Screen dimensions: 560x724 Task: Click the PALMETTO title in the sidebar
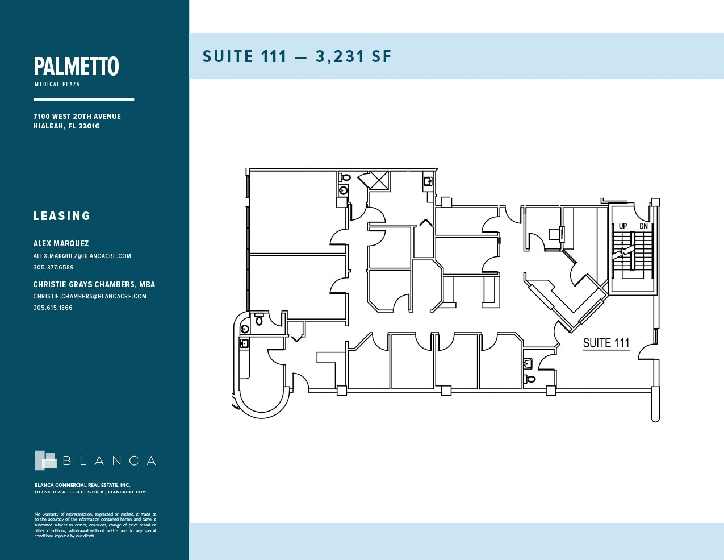76,67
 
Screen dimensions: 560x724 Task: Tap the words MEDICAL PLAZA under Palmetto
57,84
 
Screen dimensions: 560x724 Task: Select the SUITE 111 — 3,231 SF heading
297,56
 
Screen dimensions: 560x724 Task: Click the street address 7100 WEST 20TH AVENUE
77,116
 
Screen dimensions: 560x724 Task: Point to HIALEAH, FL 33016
66,126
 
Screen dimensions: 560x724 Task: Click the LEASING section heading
62,216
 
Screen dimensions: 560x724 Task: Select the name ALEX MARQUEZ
61,243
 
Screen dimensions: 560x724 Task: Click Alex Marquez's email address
82,256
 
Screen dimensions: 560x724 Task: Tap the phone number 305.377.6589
53,267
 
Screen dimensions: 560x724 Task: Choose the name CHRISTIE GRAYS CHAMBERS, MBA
94,284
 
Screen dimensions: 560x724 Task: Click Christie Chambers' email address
90,296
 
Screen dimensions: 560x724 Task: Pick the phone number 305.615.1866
53,308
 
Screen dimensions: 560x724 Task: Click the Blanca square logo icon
45,461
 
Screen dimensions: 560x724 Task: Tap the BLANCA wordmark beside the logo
109,461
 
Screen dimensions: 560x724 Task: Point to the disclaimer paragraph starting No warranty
95,525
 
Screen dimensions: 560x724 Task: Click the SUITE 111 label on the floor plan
606,343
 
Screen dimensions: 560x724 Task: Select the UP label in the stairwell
623,226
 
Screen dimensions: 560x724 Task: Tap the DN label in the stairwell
643,226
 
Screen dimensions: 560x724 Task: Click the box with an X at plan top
380,180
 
